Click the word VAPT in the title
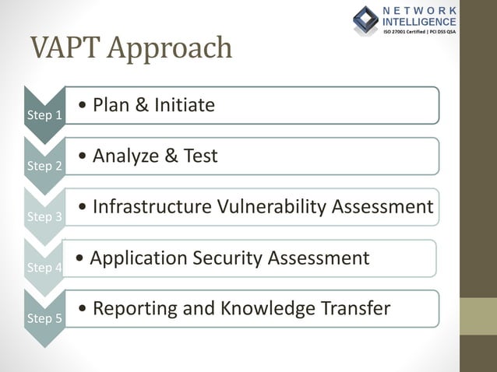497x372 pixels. (x=65, y=48)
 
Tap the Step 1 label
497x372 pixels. (x=44, y=115)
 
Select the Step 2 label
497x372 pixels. (x=44, y=166)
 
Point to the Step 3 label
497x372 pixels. (x=44, y=217)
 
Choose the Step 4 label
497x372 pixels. (x=44, y=268)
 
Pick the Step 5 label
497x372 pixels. (x=44, y=318)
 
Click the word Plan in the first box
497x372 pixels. (x=113, y=105)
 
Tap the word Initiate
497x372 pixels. (x=185, y=105)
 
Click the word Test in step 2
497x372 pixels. (x=200, y=156)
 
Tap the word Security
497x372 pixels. (x=227, y=258)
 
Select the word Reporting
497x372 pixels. (x=135, y=309)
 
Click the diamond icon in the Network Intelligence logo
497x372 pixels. (x=365, y=19)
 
